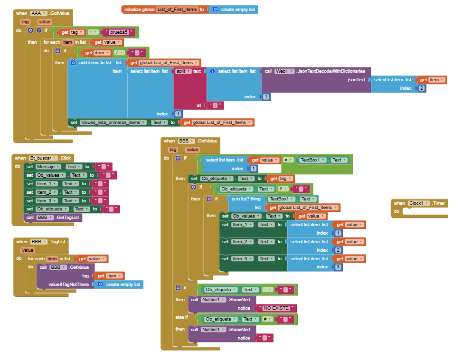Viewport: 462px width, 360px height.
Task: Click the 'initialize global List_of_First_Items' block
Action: click(x=138, y=9)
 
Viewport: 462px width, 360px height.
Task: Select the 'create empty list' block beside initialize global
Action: click(x=236, y=9)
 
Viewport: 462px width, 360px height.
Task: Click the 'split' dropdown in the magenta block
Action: click(x=184, y=71)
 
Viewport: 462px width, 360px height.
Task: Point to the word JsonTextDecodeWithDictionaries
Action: click(x=330, y=71)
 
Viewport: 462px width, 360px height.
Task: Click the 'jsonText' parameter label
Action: click(x=357, y=80)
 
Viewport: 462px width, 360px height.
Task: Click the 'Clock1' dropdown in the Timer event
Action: click(x=418, y=203)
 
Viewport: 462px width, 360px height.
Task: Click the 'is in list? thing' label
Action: click(x=246, y=199)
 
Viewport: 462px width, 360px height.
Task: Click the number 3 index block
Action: click(x=338, y=267)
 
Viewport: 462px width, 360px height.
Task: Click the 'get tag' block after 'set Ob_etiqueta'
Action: click(x=282, y=179)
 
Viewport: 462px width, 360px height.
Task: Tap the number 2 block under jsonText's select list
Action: click(x=422, y=88)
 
